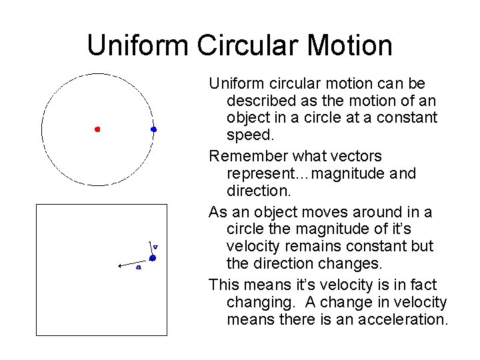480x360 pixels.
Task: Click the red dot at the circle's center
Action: tap(97, 129)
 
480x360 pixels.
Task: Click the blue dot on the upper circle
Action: tap(153, 129)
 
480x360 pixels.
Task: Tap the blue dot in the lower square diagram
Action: tap(153, 257)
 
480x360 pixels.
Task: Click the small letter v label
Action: tap(155, 246)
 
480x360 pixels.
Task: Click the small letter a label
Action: tap(138, 267)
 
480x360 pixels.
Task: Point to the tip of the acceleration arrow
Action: tap(118, 265)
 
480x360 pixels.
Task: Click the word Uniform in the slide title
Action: tap(138, 45)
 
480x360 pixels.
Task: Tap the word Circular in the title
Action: tap(246, 45)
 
